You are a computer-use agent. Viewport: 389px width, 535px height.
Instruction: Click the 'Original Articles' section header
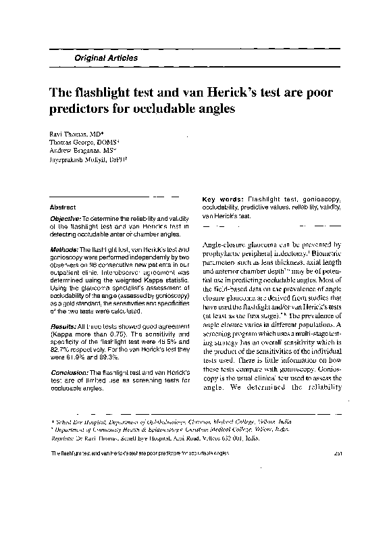point(102,59)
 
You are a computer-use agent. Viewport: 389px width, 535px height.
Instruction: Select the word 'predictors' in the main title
point(82,108)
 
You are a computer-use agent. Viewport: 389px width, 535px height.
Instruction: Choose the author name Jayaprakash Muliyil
point(85,161)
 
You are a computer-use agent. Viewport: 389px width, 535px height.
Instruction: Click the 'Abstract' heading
point(63,207)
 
